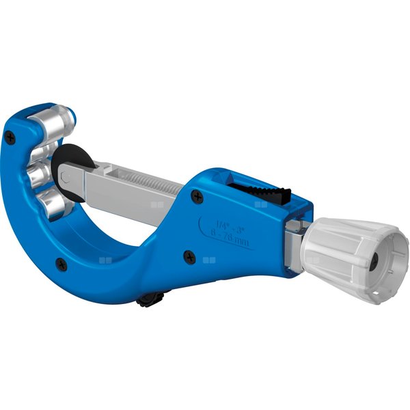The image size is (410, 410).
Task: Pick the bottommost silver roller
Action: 53,203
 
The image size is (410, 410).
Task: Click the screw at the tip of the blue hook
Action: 10,136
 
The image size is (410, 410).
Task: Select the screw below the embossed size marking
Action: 189,258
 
